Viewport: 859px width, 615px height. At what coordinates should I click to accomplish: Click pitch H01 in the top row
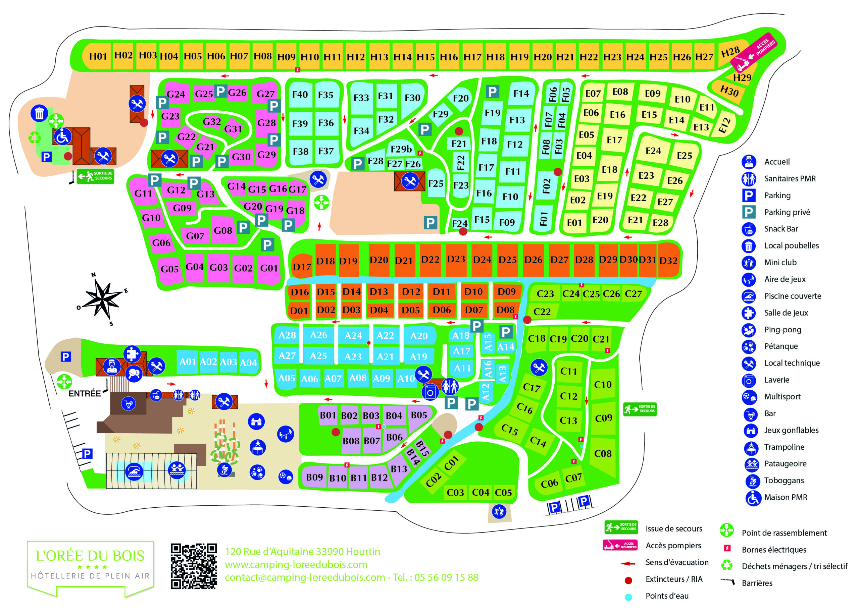[x=98, y=56]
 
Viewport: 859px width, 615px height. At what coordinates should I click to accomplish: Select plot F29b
[x=401, y=149]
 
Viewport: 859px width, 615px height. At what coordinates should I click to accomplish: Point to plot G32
[x=211, y=121]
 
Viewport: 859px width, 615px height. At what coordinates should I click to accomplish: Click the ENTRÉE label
[x=85, y=394]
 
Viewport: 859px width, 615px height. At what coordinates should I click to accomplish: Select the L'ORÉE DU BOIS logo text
[x=90, y=556]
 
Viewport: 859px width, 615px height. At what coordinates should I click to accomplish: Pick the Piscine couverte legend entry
[x=792, y=296]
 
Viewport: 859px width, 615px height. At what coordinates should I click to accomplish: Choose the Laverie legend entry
[x=776, y=380]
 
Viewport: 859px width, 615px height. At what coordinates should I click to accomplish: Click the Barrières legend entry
[x=757, y=583]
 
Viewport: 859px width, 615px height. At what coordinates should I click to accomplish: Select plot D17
[x=301, y=267]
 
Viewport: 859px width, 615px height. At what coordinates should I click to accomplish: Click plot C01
[x=451, y=463]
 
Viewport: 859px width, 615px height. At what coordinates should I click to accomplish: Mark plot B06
[x=394, y=437]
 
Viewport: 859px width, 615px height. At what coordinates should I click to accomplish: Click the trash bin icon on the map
[x=39, y=113]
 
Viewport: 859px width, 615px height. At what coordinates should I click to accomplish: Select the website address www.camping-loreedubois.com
[x=296, y=565]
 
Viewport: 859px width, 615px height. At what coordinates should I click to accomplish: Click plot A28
[x=287, y=335]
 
